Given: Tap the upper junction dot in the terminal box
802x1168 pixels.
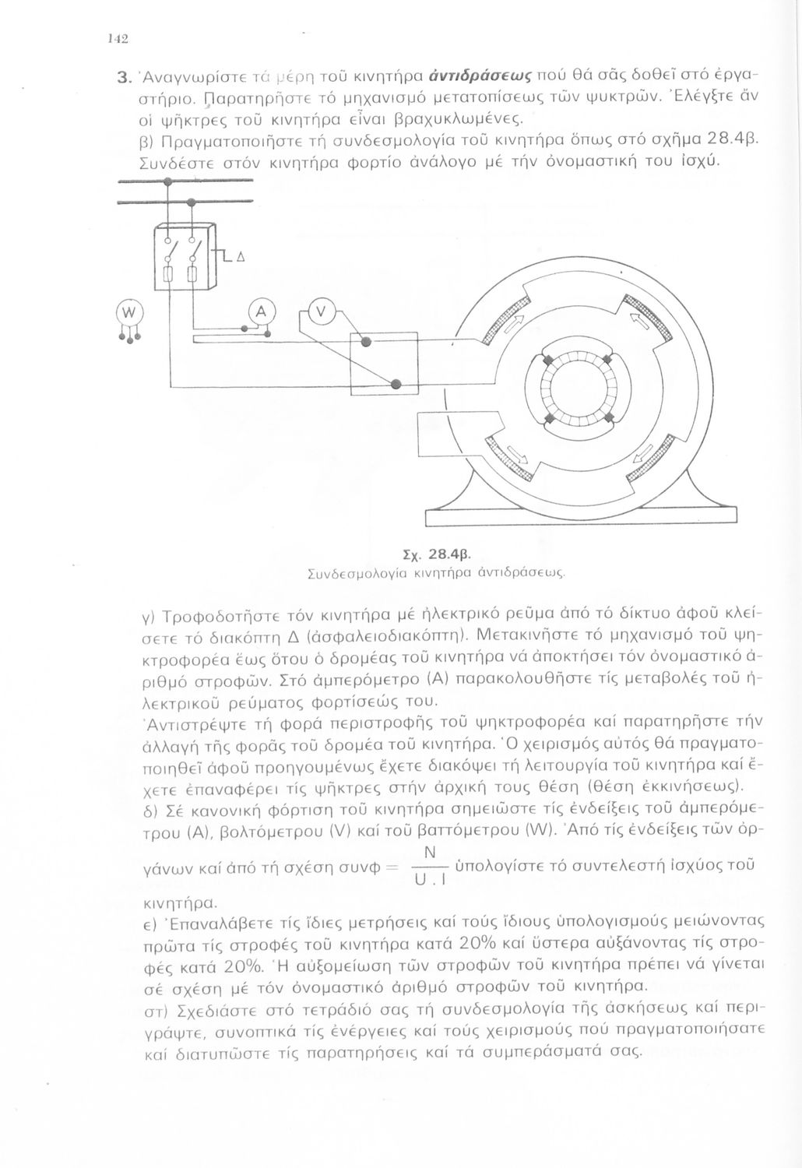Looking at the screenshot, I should pyautogui.click(x=368, y=343).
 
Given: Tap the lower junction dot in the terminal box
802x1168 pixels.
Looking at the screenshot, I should pyautogui.click(x=396, y=384).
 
